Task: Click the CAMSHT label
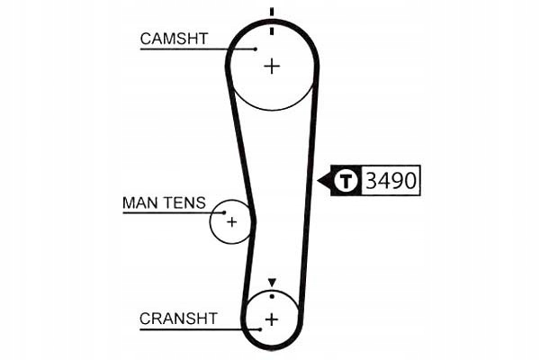click(175, 38)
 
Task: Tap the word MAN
click(139, 202)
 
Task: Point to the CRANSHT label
click(178, 318)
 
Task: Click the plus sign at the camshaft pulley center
click(272, 65)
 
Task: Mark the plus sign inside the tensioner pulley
click(231, 221)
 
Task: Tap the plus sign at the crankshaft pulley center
click(271, 319)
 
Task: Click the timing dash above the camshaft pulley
click(271, 13)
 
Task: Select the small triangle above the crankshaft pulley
click(272, 283)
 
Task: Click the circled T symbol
click(346, 181)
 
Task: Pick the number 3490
click(391, 181)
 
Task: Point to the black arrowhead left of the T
click(324, 181)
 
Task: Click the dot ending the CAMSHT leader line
click(255, 49)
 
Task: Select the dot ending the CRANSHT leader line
click(259, 329)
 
